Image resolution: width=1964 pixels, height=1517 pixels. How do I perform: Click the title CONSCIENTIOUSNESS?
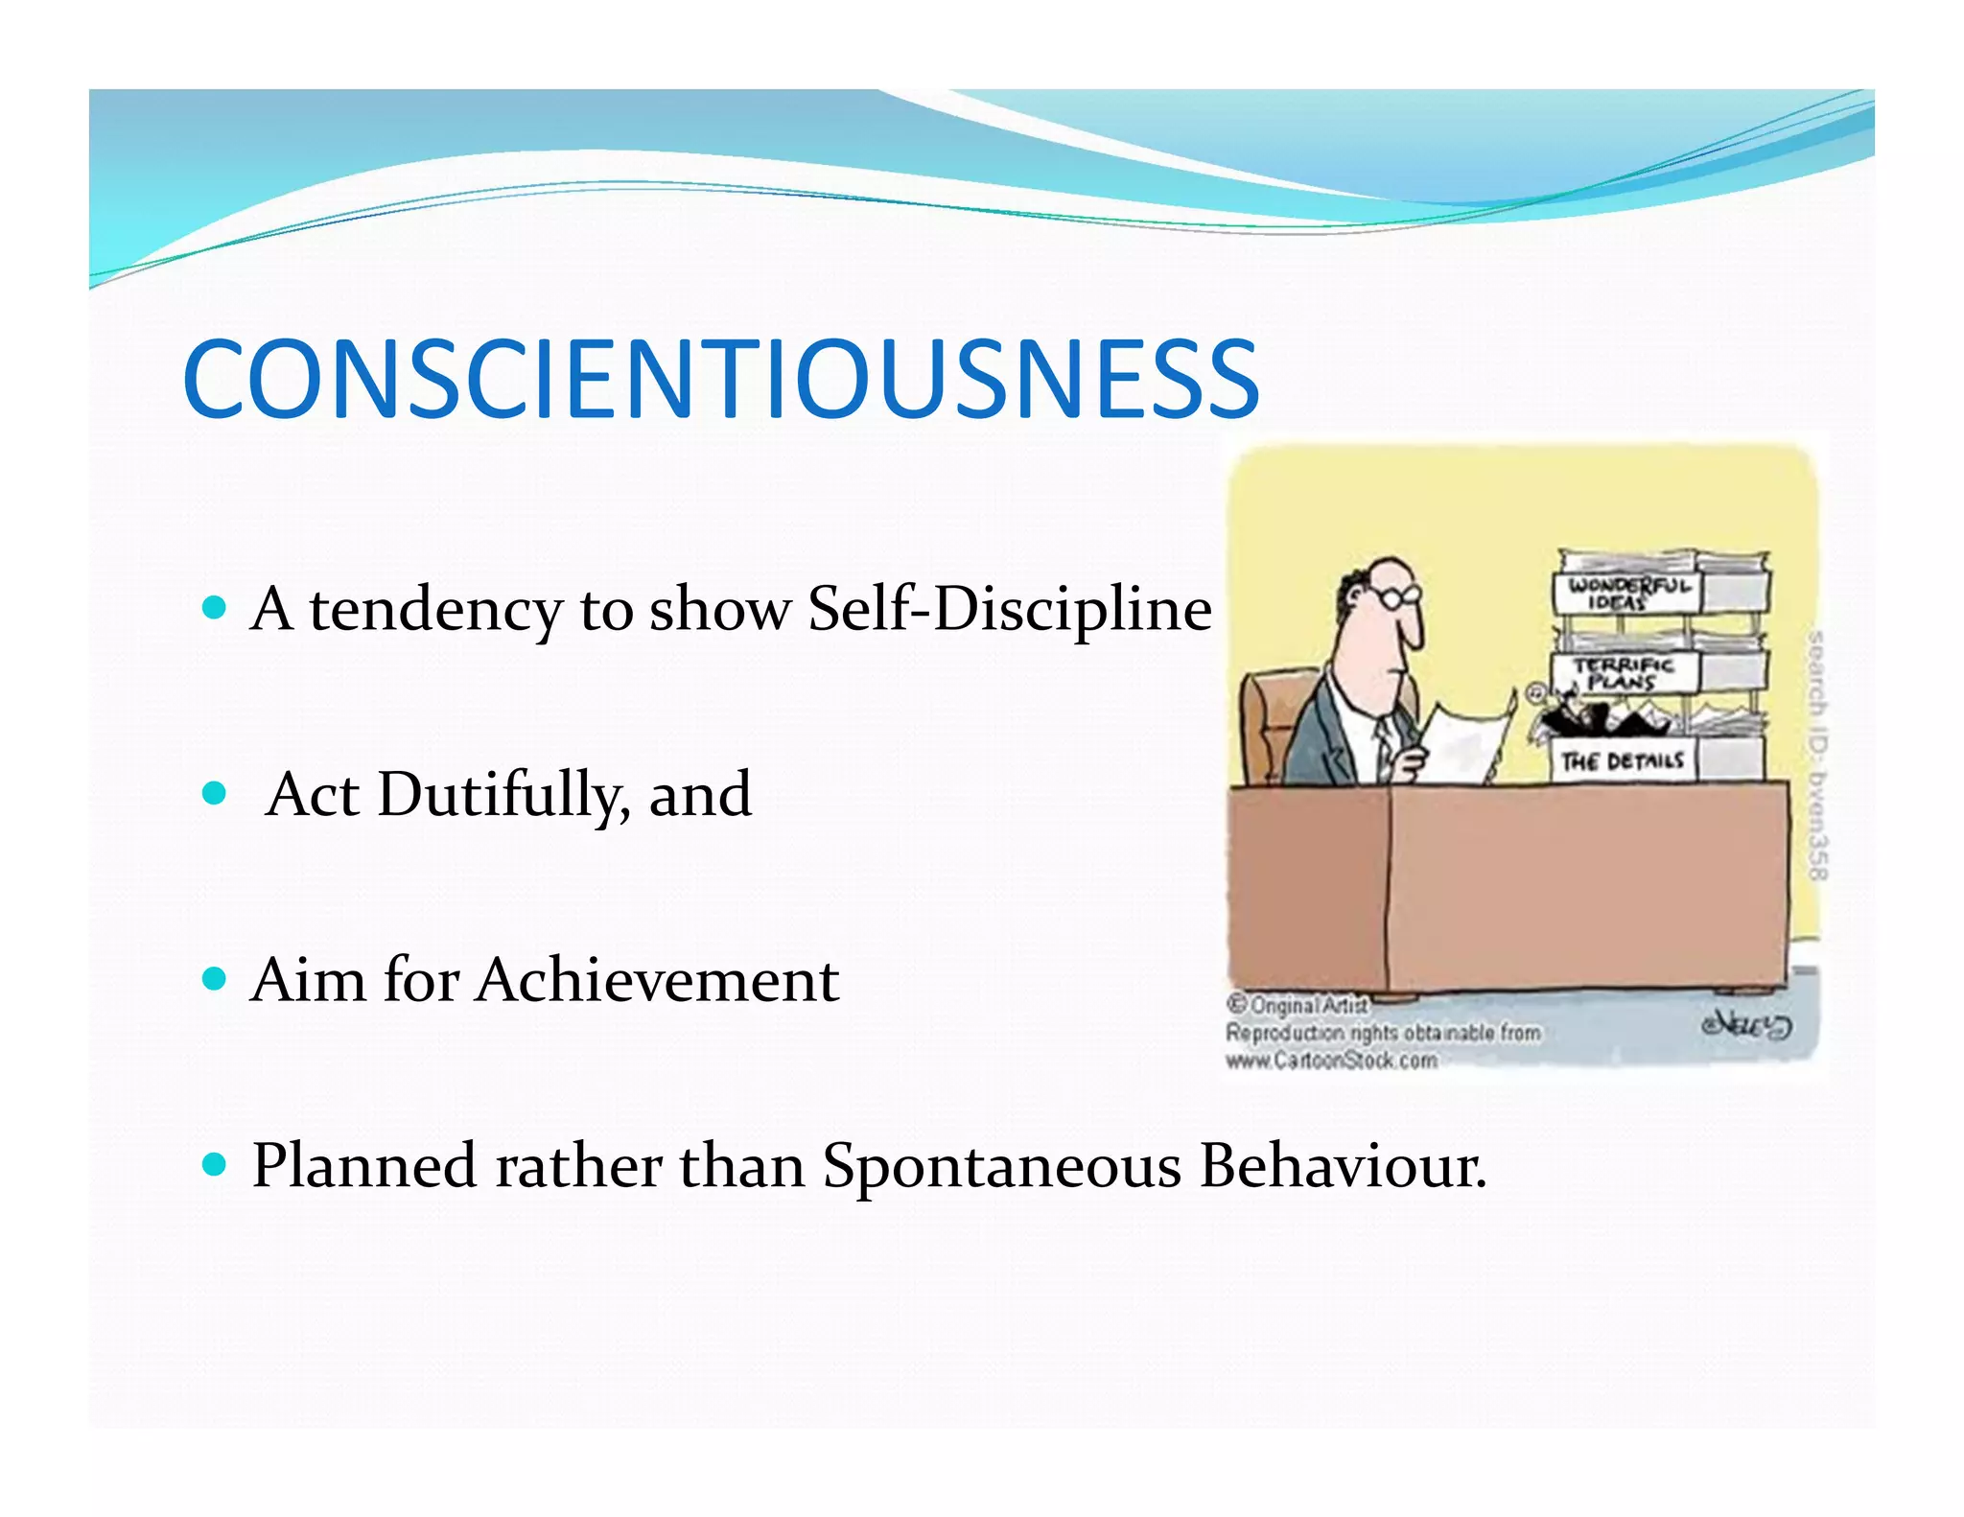click(x=720, y=380)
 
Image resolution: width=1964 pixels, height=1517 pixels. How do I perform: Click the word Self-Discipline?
click(x=1010, y=609)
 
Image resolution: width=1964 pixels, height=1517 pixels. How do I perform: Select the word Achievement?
click(x=658, y=980)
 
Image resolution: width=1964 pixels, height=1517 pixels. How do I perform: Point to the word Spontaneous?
click(x=1002, y=1166)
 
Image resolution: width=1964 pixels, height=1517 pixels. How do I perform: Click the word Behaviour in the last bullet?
click(x=1343, y=1166)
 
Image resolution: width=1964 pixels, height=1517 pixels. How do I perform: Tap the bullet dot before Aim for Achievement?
click(x=215, y=979)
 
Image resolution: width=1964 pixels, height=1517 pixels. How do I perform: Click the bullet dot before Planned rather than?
click(x=215, y=1165)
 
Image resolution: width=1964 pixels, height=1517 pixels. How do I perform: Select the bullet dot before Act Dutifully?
click(x=215, y=794)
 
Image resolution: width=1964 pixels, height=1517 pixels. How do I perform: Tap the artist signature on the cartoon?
click(x=1746, y=1025)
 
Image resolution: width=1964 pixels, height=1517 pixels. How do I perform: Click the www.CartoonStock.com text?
click(x=1331, y=1061)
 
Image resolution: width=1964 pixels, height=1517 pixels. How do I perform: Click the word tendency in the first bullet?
click(x=436, y=609)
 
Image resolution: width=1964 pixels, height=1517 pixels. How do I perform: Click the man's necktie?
click(x=1384, y=742)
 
